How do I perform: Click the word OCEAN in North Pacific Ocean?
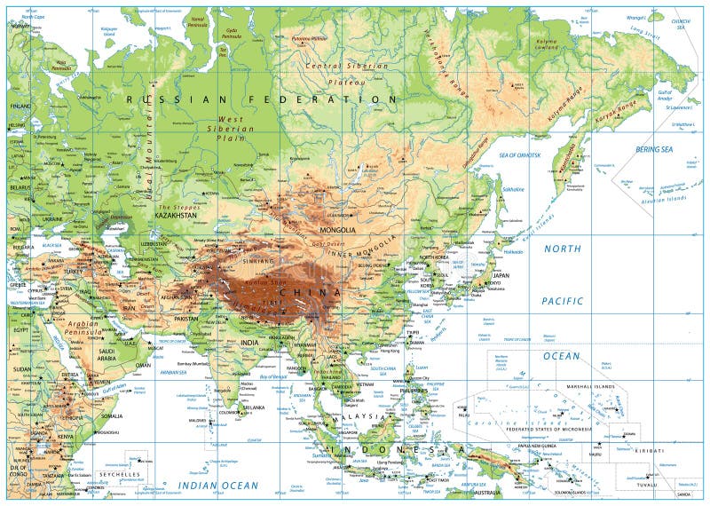coord(562,355)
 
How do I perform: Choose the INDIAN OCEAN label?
coord(217,486)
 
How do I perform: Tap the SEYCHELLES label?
coord(120,475)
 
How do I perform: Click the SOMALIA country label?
coord(112,415)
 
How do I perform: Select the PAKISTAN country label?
coord(186,317)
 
